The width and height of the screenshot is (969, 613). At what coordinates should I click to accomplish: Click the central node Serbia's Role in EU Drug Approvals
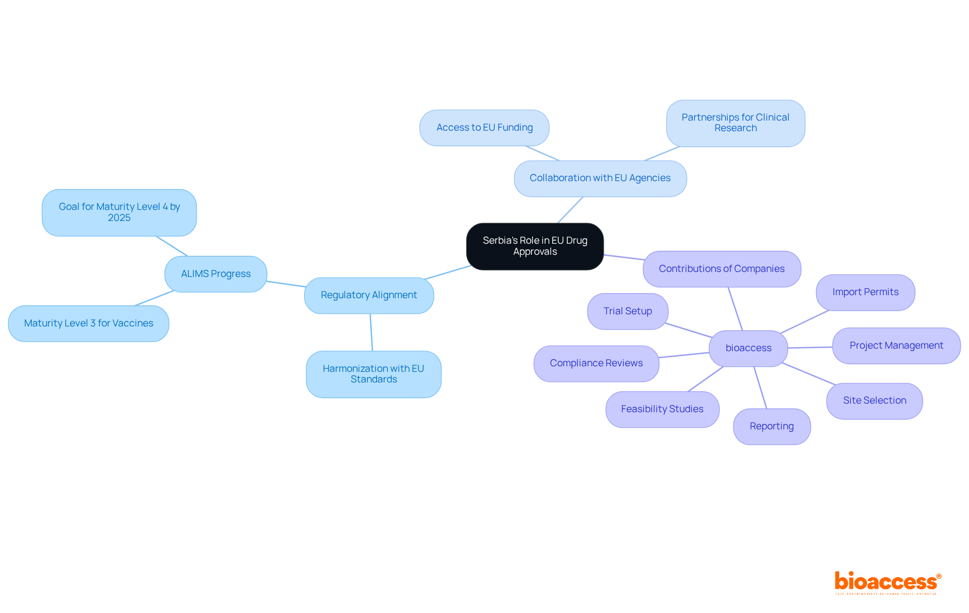pos(535,246)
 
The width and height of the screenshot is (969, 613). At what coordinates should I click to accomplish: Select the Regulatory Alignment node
pos(369,295)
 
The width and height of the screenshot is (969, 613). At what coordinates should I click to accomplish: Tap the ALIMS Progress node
pos(216,274)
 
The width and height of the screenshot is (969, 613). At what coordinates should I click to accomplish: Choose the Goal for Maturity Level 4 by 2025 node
pos(119,212)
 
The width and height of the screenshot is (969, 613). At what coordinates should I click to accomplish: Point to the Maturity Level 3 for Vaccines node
pos(89,323)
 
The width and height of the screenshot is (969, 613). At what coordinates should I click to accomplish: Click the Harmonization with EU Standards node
pos(373,374)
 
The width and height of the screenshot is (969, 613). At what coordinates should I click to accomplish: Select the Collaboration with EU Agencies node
pos(600,178)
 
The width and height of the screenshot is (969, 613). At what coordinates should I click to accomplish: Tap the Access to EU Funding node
pos(484,128)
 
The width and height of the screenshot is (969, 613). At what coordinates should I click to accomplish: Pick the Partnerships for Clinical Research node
pos(735,123)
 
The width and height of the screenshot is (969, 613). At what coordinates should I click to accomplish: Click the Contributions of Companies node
pos(722,269)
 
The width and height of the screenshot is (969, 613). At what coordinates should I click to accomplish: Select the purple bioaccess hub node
pos(748,348)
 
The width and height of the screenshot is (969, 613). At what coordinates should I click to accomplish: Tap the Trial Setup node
pos(628,311)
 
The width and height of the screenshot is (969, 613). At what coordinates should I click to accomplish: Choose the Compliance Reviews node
pos(596,363)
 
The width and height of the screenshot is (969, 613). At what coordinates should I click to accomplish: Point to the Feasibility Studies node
pos(662,409)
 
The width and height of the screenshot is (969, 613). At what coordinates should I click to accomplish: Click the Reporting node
pos(772,426)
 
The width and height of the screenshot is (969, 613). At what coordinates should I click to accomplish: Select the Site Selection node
pos(875,401)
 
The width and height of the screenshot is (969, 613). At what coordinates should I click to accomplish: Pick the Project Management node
pos(896,346)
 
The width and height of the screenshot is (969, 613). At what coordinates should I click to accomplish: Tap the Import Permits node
pos(866,292)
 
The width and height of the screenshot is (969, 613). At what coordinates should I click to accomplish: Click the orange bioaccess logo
pos(887,582)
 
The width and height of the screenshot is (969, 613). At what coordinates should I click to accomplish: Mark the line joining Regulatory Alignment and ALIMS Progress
pos(286,284)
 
